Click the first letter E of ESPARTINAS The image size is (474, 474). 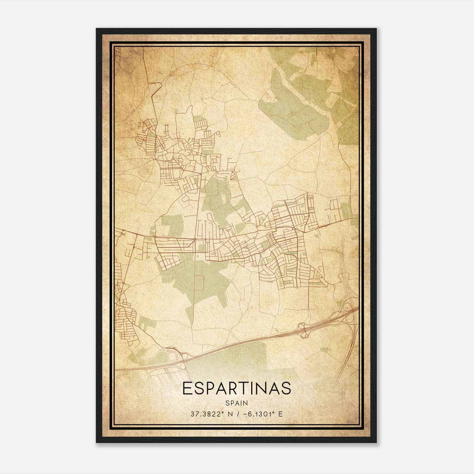(x=187, y=388)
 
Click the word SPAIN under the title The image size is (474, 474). (x=236, y=403)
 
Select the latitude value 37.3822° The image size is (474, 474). (x=207, y=414)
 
